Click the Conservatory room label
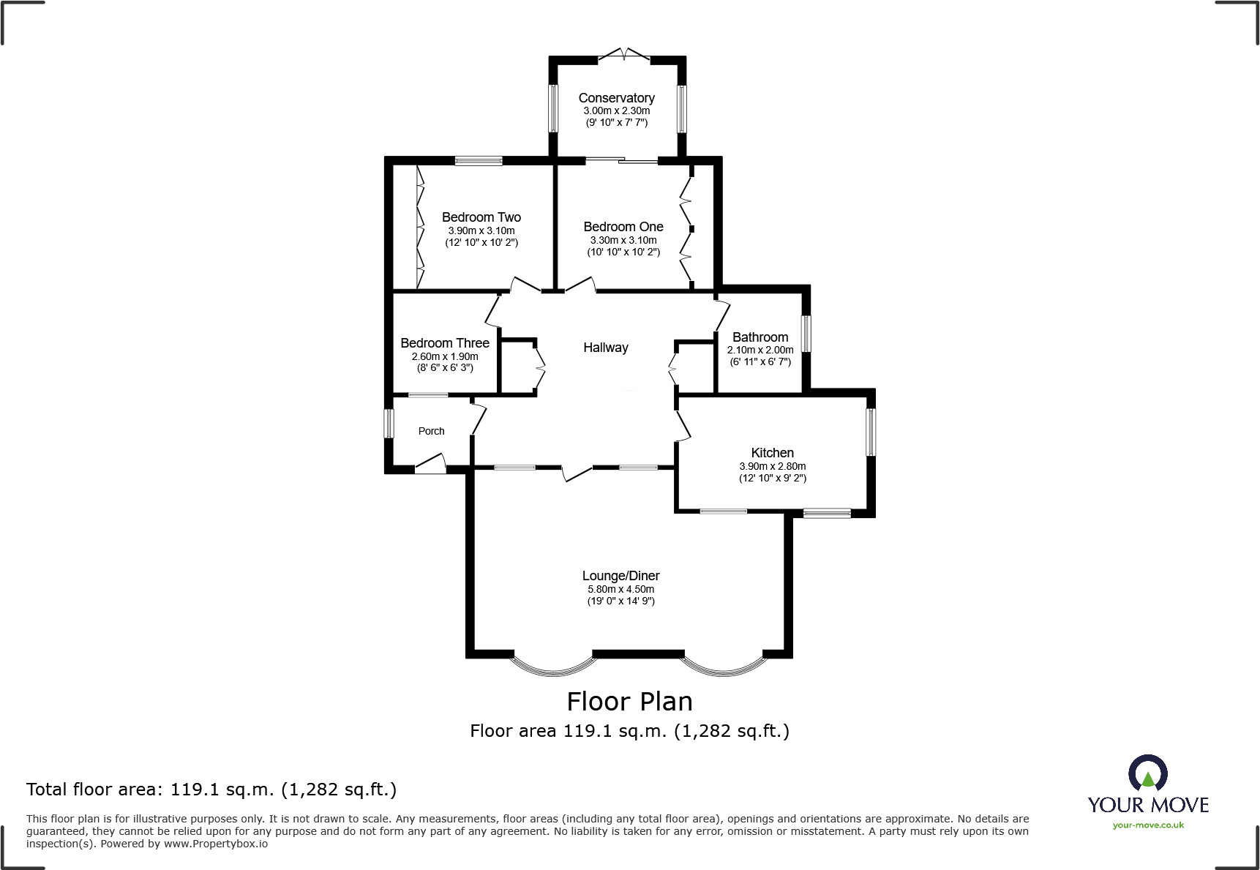pos(616,98)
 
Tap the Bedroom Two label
pos(481,217)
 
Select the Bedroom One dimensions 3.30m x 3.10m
pos(623,240)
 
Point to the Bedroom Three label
pos(444,343)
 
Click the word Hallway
pos(605,348)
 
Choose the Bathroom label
pos(760,337)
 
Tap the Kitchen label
pos(772,453)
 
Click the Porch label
pos(431,431)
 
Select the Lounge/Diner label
pos(620,576)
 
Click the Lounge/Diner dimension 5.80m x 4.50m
pos(620,589)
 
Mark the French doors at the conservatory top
pos(623,55)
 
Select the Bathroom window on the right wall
pos(806,334)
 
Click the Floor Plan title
pos(629,702)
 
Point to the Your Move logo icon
pos(1147,774)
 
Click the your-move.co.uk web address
pos(1148,825)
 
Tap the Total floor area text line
pos(211,790)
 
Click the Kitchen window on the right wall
pos(871,432)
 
